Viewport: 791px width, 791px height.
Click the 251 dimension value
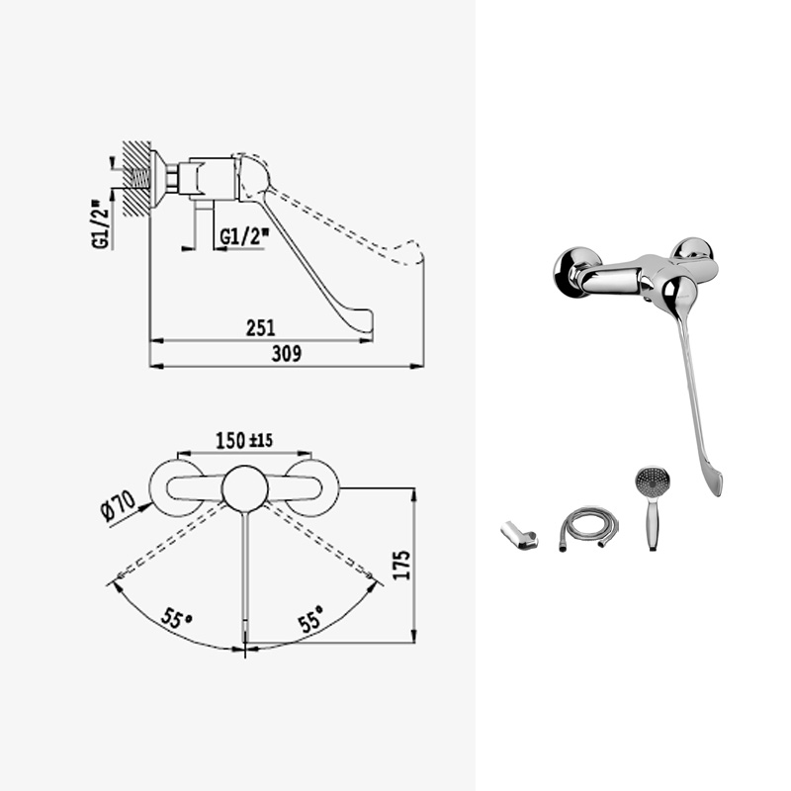point(261,328)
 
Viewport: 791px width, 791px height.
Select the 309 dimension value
point(287,354)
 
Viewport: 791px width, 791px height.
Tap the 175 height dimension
point(401,565)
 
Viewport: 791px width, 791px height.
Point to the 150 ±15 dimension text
point(244,440)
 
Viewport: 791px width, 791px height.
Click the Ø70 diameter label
point(119,506)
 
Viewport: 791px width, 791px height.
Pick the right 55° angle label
point(311,619)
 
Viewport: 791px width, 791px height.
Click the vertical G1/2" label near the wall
point(101,224)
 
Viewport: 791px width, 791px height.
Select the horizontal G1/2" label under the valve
point(244,236)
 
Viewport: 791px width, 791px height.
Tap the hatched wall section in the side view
point(136,179)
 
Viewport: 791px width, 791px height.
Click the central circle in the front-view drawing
point(244,488)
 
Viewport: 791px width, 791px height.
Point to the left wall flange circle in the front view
point(177,488)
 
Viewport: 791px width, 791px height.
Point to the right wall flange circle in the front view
point(312,488)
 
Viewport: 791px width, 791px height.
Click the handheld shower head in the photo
point(653,507)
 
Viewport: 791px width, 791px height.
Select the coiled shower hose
point(588,528)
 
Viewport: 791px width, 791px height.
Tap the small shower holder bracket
point(518,536)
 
